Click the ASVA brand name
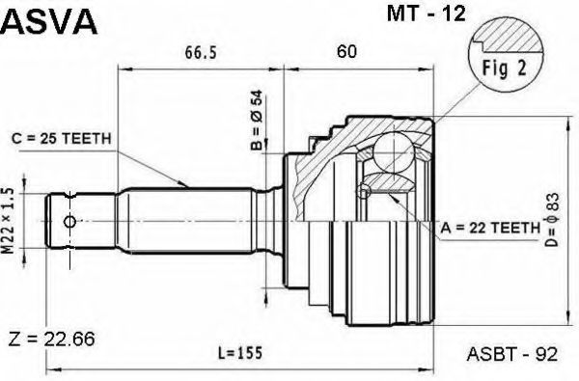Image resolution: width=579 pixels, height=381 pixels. pyautogui.click(x=49, y=22)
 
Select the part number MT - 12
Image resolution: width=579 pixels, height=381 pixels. pyautogui.click(x=427, y=14)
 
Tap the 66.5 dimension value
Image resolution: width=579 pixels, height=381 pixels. pyautogui.click(x=201, y=53)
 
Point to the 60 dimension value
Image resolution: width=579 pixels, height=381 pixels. pyautogui.click(x=346, y=52)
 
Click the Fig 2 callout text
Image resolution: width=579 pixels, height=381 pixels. pyautogui.click(x=505, y=68)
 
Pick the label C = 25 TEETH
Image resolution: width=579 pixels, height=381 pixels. pyautogui.click(x=62, y=139)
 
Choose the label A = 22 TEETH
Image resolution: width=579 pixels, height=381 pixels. pyautogui.click(x=490, y=229)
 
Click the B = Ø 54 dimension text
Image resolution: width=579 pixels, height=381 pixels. pyautogui.click(x=257, y=121)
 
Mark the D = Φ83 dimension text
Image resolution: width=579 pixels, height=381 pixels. pyautogui.click(x=553, y=219)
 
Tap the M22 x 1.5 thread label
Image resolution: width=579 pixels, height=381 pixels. pyautogui.click(x=8, y=221)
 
